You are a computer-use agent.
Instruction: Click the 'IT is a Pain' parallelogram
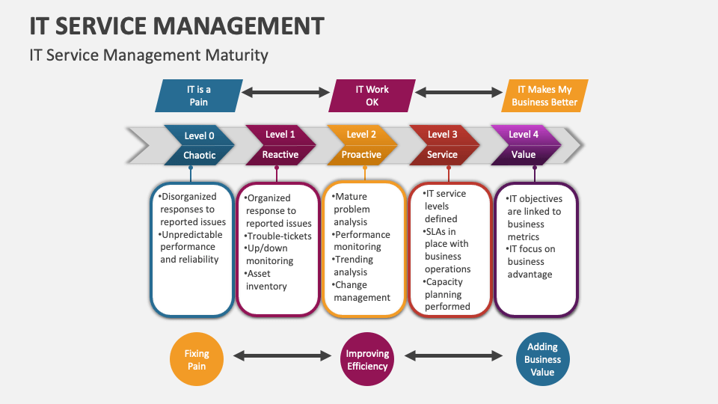[x=198, y=96]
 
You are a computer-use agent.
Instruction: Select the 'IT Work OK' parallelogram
[x=372, y=96]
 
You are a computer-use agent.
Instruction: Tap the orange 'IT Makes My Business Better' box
[x=544, y=96]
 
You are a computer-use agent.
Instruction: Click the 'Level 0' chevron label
[x=199, y=135]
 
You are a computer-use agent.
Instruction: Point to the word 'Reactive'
[x=280, y=155]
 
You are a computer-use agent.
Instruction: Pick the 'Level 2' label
[x=361, y=135]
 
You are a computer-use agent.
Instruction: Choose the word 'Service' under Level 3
[x=442, y=155]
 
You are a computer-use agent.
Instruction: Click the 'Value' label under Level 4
[x=524, y=155]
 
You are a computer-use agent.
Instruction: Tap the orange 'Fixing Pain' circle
[x=197, y=360]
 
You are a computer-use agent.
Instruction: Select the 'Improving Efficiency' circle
[x=367, y=360]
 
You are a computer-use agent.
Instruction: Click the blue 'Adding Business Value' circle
[x=542, y=360]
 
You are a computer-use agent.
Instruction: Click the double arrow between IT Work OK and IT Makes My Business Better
[x=458, y=92]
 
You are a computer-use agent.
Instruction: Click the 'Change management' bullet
[x=362, y=291]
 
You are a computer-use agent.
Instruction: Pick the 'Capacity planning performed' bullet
[x=447, y=294]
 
